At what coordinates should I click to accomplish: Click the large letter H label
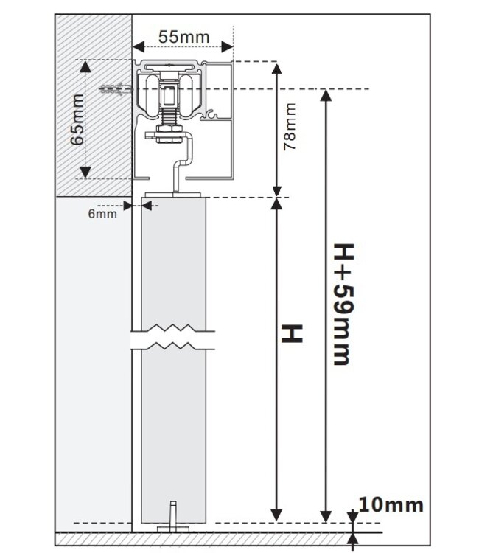(293, 333)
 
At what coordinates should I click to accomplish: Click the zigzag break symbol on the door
(172, 338)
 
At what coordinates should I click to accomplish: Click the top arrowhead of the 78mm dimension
(277, 69)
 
